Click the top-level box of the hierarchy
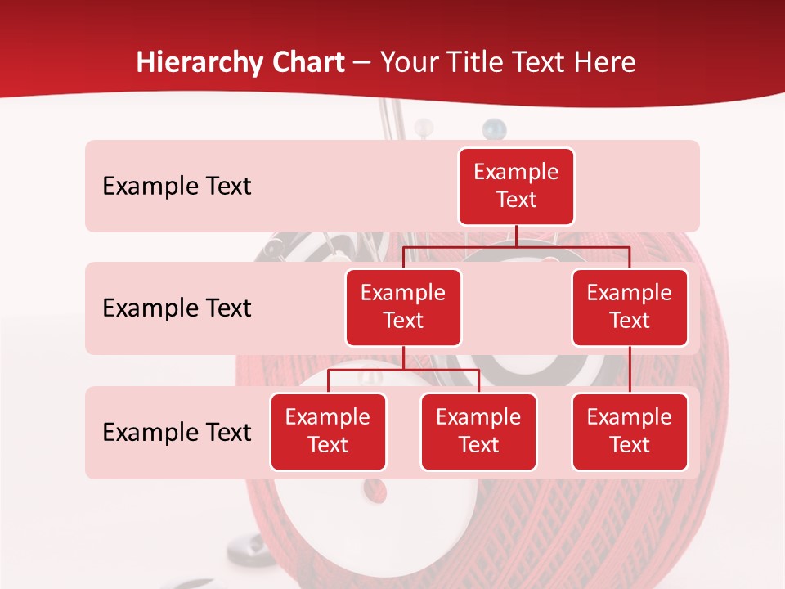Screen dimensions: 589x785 point(516,186)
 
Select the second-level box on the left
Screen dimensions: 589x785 point(403,307)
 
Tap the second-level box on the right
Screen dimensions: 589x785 point(630,307)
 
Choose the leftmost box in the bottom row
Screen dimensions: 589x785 point(328,431)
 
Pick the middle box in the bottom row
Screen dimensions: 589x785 point(478,431)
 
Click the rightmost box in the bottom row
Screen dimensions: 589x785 point(630,431)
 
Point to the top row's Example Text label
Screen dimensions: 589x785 point(177,187)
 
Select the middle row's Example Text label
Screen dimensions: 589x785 point(177,308)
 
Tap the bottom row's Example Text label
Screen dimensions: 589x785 point(177,432)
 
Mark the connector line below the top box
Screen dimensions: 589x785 point(516,236)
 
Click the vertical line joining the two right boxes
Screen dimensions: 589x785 point(630,370)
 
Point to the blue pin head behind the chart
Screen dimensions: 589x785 point(492,127)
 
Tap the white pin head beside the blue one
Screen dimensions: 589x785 point(424,127)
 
